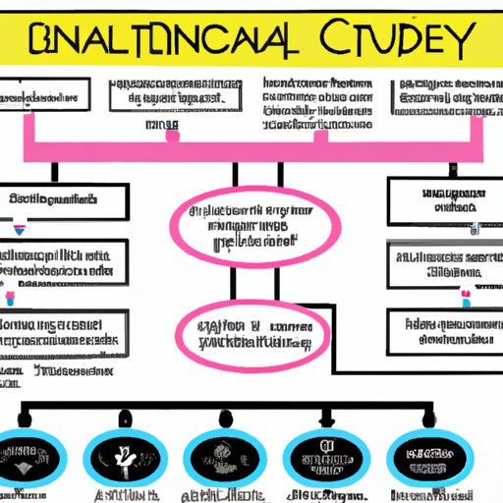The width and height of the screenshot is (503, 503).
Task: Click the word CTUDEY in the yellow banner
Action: (x=398, y=40)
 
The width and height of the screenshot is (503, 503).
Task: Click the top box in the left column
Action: (x=64, y=201)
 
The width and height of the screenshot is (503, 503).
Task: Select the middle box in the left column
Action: (x=64, y=263)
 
